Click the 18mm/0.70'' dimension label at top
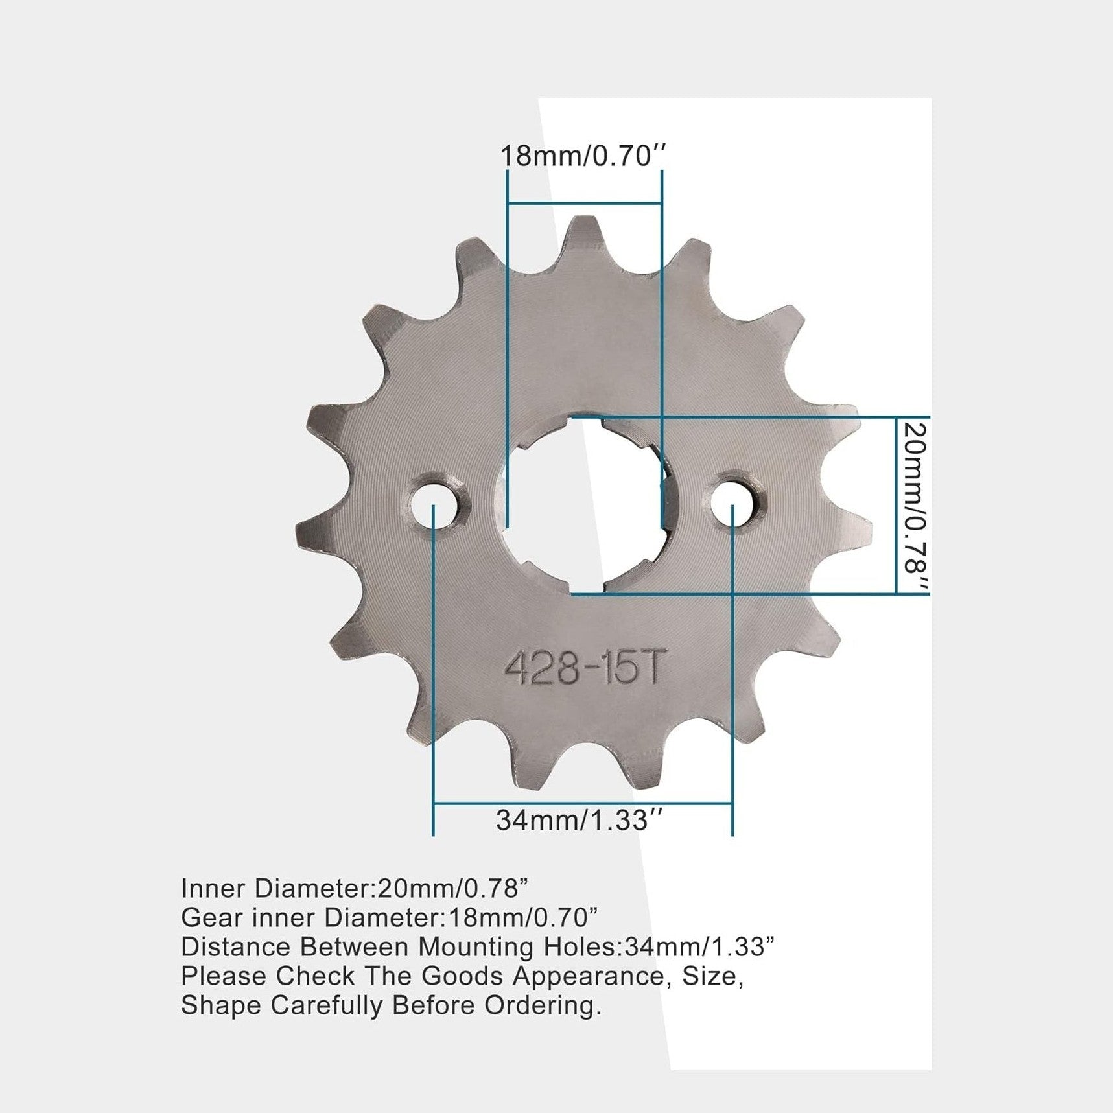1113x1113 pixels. pyautogui.click(x=583, y=156)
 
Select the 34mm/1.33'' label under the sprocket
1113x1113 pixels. pyautogui.click(x=580, y=820)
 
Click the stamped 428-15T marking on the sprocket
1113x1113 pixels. pyautogui.click(x=584, y=667)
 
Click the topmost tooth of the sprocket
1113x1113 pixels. pyautogui.click(x=581, y=233)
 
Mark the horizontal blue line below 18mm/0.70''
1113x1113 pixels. pyautogui.click(x=584, y=204)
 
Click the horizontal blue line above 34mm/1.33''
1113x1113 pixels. pyautogui.click(x=583, y=804)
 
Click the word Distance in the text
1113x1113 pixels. pyautogui.click(x=236, y=946)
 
